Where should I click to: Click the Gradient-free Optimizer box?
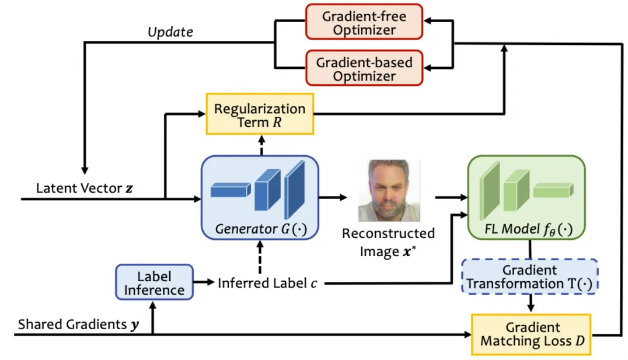click(x=364, y=23)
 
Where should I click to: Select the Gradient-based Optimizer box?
click(x=364, y=69)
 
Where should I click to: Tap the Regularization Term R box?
click(x=259, y=115)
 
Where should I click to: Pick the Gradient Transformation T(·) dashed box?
click(x=530, y=277)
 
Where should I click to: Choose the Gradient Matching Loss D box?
click(x=531, y=335)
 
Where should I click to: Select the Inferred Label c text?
click(x=269, y=284)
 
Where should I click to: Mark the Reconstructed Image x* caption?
click(x=388, y=240)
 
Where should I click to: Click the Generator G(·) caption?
click(x=260, y=228)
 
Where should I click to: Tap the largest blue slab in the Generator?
click(x=295, y=186)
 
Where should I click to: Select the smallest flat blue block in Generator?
click(x=229, y=190)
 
